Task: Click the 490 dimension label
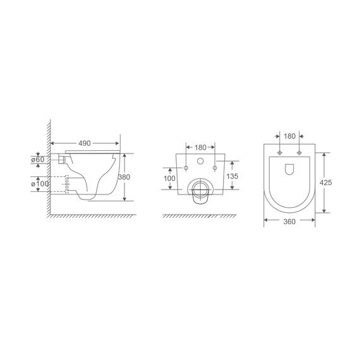[85, 143]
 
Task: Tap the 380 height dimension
[124, 177]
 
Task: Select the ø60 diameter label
[38, 159]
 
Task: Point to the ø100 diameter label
[40, 184]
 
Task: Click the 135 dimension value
[232, 176]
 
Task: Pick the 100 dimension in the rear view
[169, 178]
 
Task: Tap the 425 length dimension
[326, 183]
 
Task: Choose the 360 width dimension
[289, 222]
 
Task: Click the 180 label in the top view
[289, 136]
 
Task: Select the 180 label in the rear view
[200, 147]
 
